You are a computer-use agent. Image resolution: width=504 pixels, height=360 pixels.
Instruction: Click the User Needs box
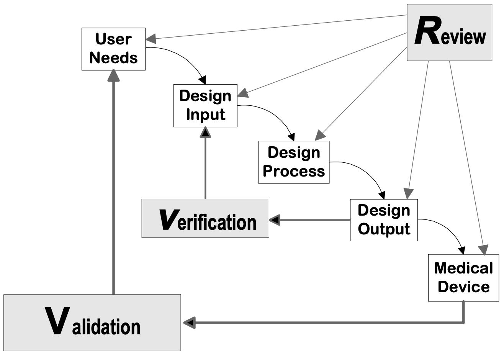pyautogui.click(x=113, y=49)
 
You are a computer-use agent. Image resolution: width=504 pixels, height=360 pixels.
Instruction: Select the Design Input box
pyautogui.click(x=205, y=106)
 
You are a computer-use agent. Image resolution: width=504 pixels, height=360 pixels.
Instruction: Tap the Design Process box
pyautogui.click(x=294, y=162)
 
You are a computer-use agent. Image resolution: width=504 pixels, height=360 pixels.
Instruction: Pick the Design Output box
pyautogui.click(x=384, y=220)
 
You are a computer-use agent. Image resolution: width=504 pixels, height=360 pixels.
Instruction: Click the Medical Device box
pyautogui.click(x=463, y=278)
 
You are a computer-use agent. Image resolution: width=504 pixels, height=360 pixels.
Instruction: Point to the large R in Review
pyautogui.click(x=426, y=33)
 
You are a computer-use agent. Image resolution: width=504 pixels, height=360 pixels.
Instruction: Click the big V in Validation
pyautogui.click(x=57, y=322)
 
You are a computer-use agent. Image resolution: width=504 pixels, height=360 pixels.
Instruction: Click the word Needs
pyautogui.click(x=113, y=58)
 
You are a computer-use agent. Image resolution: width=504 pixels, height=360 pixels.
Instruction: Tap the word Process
pyautogui.click(x=294, y=171)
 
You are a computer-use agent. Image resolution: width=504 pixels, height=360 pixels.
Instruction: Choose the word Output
pyautogui.click(x=384, y=229)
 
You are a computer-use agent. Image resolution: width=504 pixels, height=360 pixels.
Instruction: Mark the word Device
pyautogui.click(x=463, y=287)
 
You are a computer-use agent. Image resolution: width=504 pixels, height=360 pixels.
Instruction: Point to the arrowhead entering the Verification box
pyautogui.click(x=275, y=220)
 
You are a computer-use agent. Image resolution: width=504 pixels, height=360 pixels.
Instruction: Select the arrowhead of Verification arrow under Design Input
pyautogui.click(x=206, y=132)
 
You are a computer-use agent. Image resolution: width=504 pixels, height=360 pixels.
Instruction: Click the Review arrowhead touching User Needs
pyautogui.click(x=151, y=38)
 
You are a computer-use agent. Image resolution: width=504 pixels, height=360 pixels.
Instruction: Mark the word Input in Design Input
pyautogui.click(x=205, y=115)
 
